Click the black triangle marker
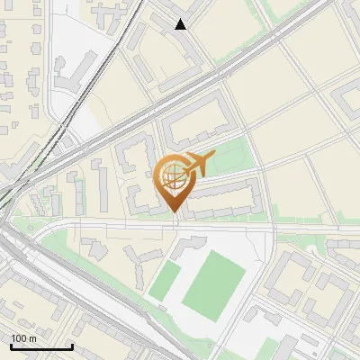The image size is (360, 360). coord(181,24)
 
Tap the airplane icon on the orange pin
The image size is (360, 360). coord(197,164)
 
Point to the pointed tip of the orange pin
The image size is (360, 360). coord(174,211)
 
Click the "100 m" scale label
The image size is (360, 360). coord(23,338)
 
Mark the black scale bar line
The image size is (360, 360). coord(40,346)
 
